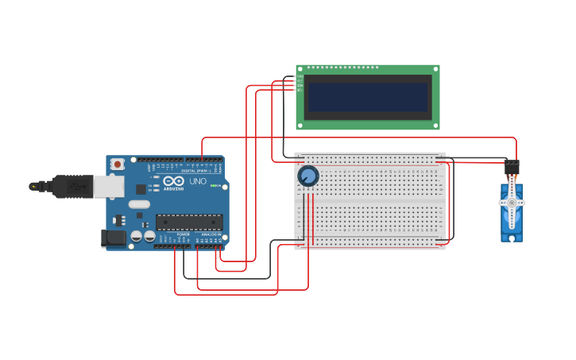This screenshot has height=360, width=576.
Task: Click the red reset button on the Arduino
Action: point(118,164)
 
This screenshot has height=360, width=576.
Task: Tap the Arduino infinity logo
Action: point(173,182)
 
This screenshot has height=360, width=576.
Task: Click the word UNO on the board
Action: point(198,181)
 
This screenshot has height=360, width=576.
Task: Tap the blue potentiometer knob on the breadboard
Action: point(307,176)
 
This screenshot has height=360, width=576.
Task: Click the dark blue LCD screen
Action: point(368,98)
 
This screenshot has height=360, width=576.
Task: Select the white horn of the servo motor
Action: point(512,203)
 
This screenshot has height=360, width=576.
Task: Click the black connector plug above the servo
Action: point(512,168)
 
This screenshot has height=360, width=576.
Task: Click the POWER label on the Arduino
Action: point(183,234)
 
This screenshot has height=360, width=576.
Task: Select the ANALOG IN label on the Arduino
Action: point(211,234)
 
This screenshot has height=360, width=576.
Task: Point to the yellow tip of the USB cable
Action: point(33,186)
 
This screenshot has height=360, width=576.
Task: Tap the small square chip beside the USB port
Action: point(141,189)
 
